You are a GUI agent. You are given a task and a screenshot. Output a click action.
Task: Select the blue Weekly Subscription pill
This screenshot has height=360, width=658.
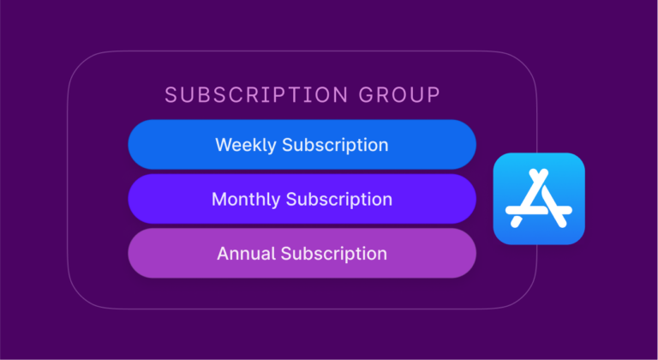click(x=302, y=144)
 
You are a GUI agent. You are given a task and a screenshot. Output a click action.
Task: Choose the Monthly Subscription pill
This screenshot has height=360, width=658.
click(x=302, y=199)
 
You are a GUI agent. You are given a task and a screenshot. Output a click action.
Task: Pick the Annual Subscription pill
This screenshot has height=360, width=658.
click(x=302, y=254)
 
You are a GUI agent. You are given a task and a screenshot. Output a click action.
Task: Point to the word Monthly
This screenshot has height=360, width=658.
click(x=246, y=199)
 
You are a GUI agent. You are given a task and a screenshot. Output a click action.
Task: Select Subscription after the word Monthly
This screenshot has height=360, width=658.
click(x=339, y=200)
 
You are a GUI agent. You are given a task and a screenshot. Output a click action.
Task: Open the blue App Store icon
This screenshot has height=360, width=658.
click(x=539, y=198)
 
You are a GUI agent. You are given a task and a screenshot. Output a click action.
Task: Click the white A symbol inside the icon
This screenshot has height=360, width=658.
click(x=539, y=199)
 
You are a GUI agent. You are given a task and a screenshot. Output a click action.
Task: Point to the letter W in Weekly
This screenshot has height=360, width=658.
click(x=223, y=144)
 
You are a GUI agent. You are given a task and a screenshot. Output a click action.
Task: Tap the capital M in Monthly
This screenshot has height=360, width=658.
click(x=219, y=199)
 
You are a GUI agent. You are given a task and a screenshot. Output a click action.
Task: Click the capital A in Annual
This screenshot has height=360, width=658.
click(x=222, y=254)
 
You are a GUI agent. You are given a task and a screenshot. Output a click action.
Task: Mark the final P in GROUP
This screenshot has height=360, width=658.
click(x=434, y=95)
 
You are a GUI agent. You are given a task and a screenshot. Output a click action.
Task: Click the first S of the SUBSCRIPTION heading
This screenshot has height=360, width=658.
click(x=170, y=95)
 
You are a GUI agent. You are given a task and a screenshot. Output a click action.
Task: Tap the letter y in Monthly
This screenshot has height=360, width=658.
click(x=276, y=201)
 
